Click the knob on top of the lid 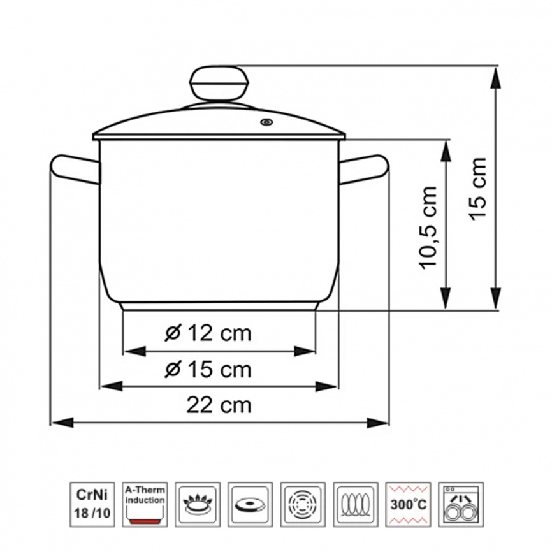coord(219,84)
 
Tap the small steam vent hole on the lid coord(266,122)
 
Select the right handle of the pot coord(364,170)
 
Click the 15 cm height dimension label coord(478,189)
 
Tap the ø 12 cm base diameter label coord(208,333)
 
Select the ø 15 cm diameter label coord(208,369)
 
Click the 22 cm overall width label coord(219,405)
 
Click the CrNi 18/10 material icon coord(92,504)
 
